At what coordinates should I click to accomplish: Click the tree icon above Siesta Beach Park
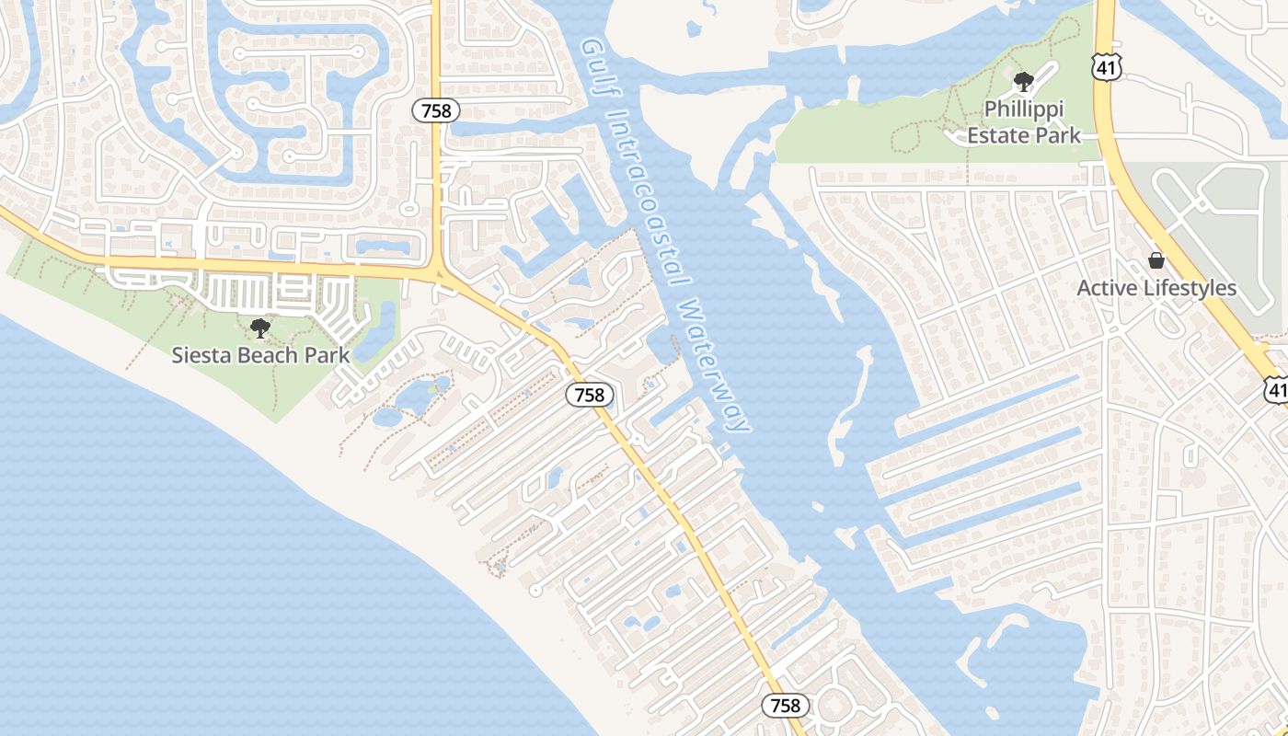tap(260, 328)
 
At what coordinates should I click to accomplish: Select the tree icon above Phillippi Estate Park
tap(1022, 83)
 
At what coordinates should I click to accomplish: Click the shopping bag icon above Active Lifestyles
tap(1156, 261)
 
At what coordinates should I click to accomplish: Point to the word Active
tap(1108, 288)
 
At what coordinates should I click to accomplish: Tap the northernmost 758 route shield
tap(435, 111)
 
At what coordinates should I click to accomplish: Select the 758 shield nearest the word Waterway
tap(589, 396)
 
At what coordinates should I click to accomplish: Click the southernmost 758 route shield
tap(785, 706)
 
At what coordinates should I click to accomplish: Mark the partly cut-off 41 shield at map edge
tap(1276, 388)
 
